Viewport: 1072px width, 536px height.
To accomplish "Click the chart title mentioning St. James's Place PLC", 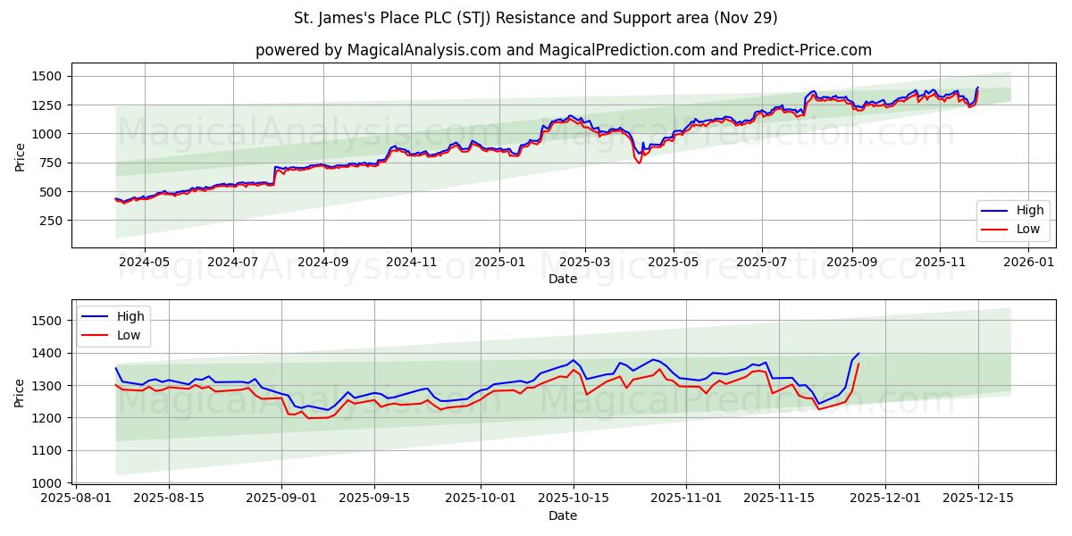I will [536, 18].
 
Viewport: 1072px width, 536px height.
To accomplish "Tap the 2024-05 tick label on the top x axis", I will [144, 263].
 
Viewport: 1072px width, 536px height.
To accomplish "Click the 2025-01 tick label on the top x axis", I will [498, 263].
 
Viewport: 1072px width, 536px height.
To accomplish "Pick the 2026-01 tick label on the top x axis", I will [1030, 263].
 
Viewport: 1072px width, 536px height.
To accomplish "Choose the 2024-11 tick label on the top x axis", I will [411, 263].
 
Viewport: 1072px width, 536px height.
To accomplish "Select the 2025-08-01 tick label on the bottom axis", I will [76, 498].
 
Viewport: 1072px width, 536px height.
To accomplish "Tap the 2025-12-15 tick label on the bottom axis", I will [978, 498].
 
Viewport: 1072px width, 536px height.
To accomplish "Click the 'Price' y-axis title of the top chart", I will [20, 156].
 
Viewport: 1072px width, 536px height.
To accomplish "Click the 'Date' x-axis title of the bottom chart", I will [563, 515].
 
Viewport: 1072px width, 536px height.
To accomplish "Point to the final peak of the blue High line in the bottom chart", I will [858, 353].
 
